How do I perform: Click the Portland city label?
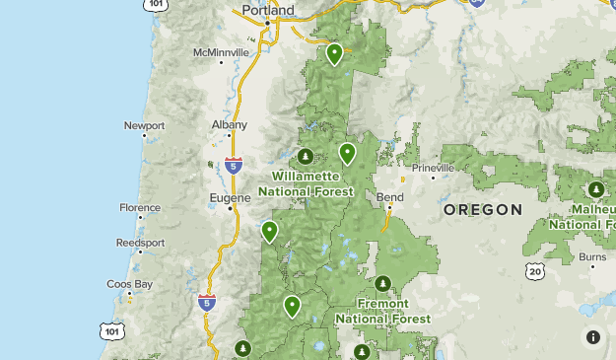coord(268,11)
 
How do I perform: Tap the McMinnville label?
coord(219,51)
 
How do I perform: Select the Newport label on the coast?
coord(144,125)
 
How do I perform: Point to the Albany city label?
coord(230,125)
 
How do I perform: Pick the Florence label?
coord(140,208)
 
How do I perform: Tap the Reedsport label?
coord(140,242)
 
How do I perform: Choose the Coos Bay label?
coord(130,284)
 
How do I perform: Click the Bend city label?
coord(390,197)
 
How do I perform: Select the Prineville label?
coord(433,168)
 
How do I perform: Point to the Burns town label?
coord(592,256)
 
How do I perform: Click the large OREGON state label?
coord(482,210)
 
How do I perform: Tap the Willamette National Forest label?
coord(306,183)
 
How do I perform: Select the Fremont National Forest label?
coord(382,313)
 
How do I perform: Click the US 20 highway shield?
coord(535,270)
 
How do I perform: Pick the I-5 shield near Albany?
coord(234,165)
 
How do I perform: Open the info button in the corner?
coord(593,337)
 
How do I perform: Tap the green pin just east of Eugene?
coord(269,231)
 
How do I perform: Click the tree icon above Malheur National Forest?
coord(595,189)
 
